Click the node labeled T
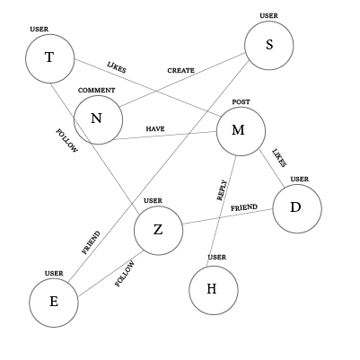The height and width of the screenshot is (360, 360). (x=49, y=58)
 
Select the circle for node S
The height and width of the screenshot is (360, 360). (x=269, y=45)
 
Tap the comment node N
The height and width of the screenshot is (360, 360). (x=97, y=120)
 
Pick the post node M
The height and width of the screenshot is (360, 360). (x=240, y=131)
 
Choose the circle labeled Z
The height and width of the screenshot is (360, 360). (x=158, y=231)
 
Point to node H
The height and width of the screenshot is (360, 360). (x=213, y=290)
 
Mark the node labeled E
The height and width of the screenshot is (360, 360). (x=53, y=302)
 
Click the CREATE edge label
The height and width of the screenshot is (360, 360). (x=180, y=70)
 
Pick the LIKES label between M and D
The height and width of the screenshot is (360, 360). (x=278, y=158)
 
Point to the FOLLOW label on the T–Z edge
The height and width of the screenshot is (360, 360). (x=66, y=141)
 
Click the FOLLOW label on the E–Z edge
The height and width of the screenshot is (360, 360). (x=124, y=274)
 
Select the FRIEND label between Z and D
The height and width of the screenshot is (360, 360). (x=243, y=207)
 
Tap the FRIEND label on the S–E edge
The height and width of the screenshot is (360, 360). (x=92, y=243)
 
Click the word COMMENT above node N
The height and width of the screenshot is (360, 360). (x=96, y=91)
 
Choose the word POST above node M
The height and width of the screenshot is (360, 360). (x=240, y=102)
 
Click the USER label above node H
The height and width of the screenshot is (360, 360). (x=216, y=258)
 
